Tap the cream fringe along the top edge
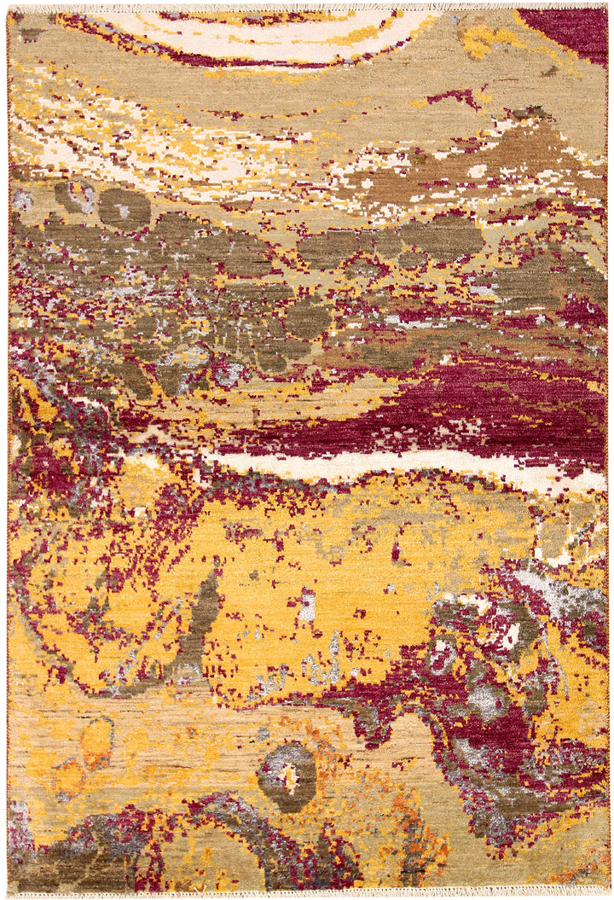pyautogui.click(x=307, y=6)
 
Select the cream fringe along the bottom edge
pyautogui.click(x=307, y=894)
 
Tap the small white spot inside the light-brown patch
pyautogui.click(x=478, y=171)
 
